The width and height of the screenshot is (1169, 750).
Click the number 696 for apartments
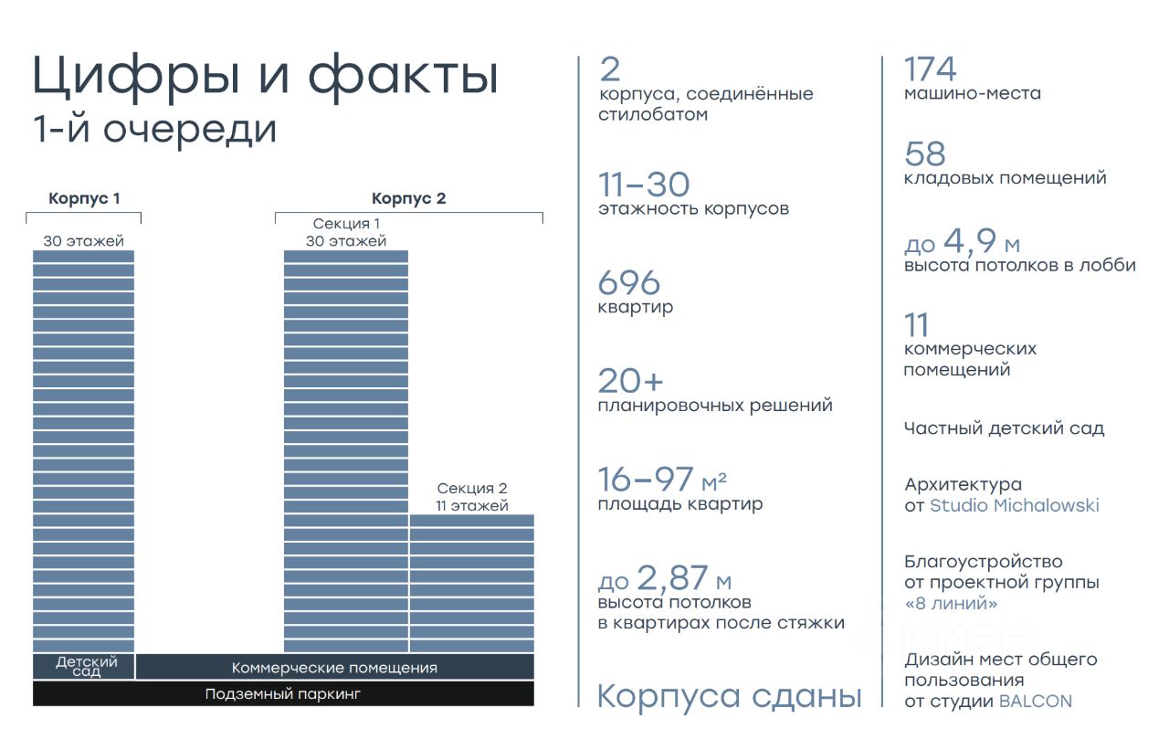pyautogui.click(x=628, y=283)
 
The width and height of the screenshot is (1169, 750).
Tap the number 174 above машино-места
pyautogui.click(x=930, y=69)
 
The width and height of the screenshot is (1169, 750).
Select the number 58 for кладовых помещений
pyautogui.click(x=924, y=153)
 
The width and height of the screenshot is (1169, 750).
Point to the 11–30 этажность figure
pyautogui.click(x=644, y=185)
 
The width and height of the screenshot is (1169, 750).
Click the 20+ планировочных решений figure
pyautogui.click(x=630, y=381)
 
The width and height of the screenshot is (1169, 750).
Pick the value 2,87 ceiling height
pyautogui.click(x=672, y=578)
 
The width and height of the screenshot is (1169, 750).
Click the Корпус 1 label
pyautogui.click(x=84, y=198)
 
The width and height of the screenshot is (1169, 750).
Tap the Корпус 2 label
pyautogui.click(x=408, y=198)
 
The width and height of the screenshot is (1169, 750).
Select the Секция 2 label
pyautogui.click(x=471, y=489)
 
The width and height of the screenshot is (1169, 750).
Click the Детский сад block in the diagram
pyautogui.click(x=84, y=667)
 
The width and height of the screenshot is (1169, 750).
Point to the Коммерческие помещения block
pyautogui.click(x=334, y=668)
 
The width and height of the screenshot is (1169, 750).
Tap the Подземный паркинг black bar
pyautogui.click(x=283, y=694)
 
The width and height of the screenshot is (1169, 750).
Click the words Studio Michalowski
pyautogui.click(x=1014, y=505)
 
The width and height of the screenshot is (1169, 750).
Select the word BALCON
pyautogui.click(x=1035, y=702)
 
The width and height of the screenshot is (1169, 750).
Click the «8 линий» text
pyautogui.click(x=950, y=604)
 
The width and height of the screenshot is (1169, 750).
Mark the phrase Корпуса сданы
pyautogui.click(x=729, y=697)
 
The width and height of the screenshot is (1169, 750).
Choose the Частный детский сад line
pyautogui.click(x=1004, y=428)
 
